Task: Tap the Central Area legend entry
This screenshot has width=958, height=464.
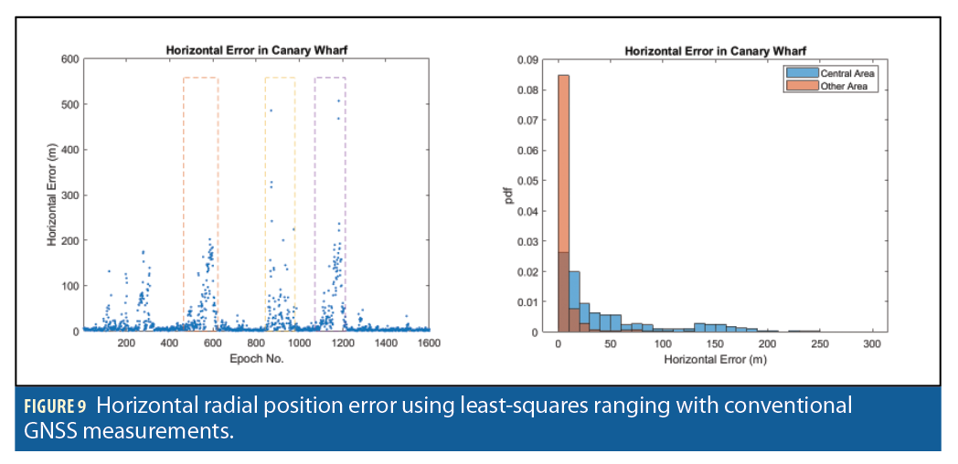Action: click(x=839, y=73)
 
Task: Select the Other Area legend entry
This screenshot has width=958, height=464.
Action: click(x=836, y=87)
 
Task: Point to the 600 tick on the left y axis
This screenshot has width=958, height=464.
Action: click(x=69, y=59)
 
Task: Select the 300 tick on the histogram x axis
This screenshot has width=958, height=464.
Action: click(x=872, y=344)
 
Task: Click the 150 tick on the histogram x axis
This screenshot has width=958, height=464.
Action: click(x=715, y=344)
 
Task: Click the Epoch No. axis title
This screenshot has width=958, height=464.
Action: click(x=256, y=358)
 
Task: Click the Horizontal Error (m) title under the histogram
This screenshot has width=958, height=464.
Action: click(x=716, y=358)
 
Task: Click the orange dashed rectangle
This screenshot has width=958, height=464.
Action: click(x=200, y=79)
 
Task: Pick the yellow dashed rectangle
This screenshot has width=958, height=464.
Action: click(x=280, y=79)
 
